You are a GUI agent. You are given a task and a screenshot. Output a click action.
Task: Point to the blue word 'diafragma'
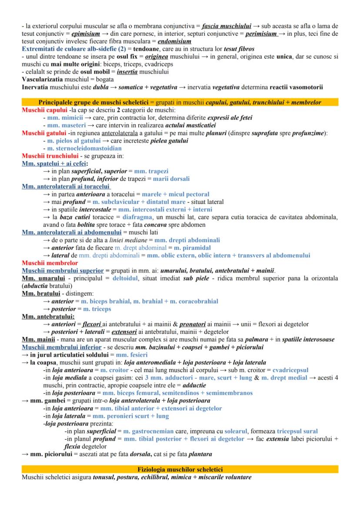pyautogui.click(x=138, y=217)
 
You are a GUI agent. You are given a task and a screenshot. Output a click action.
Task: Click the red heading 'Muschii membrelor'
pyautogui.click(x=50, y=263)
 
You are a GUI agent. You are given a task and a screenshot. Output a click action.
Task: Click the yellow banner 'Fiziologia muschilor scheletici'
pyautogui.click(x=180, y=469)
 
